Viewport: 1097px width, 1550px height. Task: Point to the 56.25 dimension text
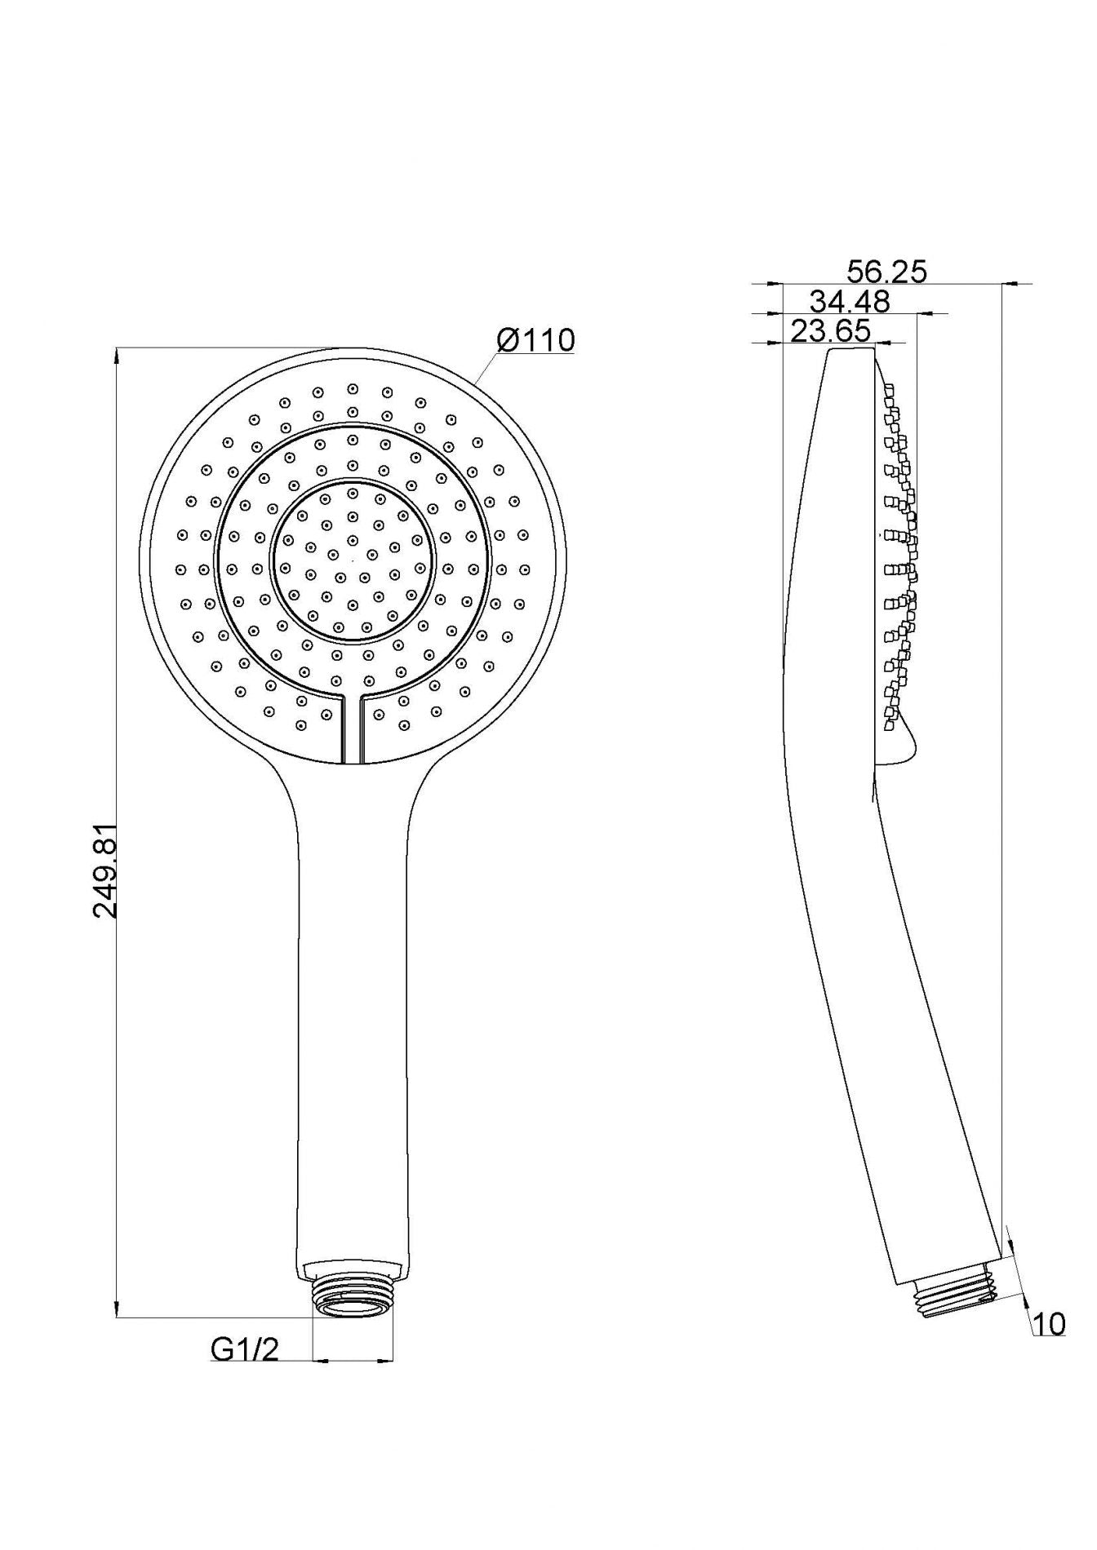[x=886, y=272]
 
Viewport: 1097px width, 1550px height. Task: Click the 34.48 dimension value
[x=850, y=302]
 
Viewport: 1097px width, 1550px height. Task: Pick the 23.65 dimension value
[x=830, y=331]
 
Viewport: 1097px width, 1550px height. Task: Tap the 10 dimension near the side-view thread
[x=1049, y=1324]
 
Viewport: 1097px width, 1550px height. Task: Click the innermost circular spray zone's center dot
[x=353, y=560]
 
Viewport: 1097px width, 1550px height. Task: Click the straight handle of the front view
[x=352, y=1020]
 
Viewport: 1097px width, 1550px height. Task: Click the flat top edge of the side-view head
[x=853, y=350]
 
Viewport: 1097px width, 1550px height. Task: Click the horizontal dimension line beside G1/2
[x=353, y=1360]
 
